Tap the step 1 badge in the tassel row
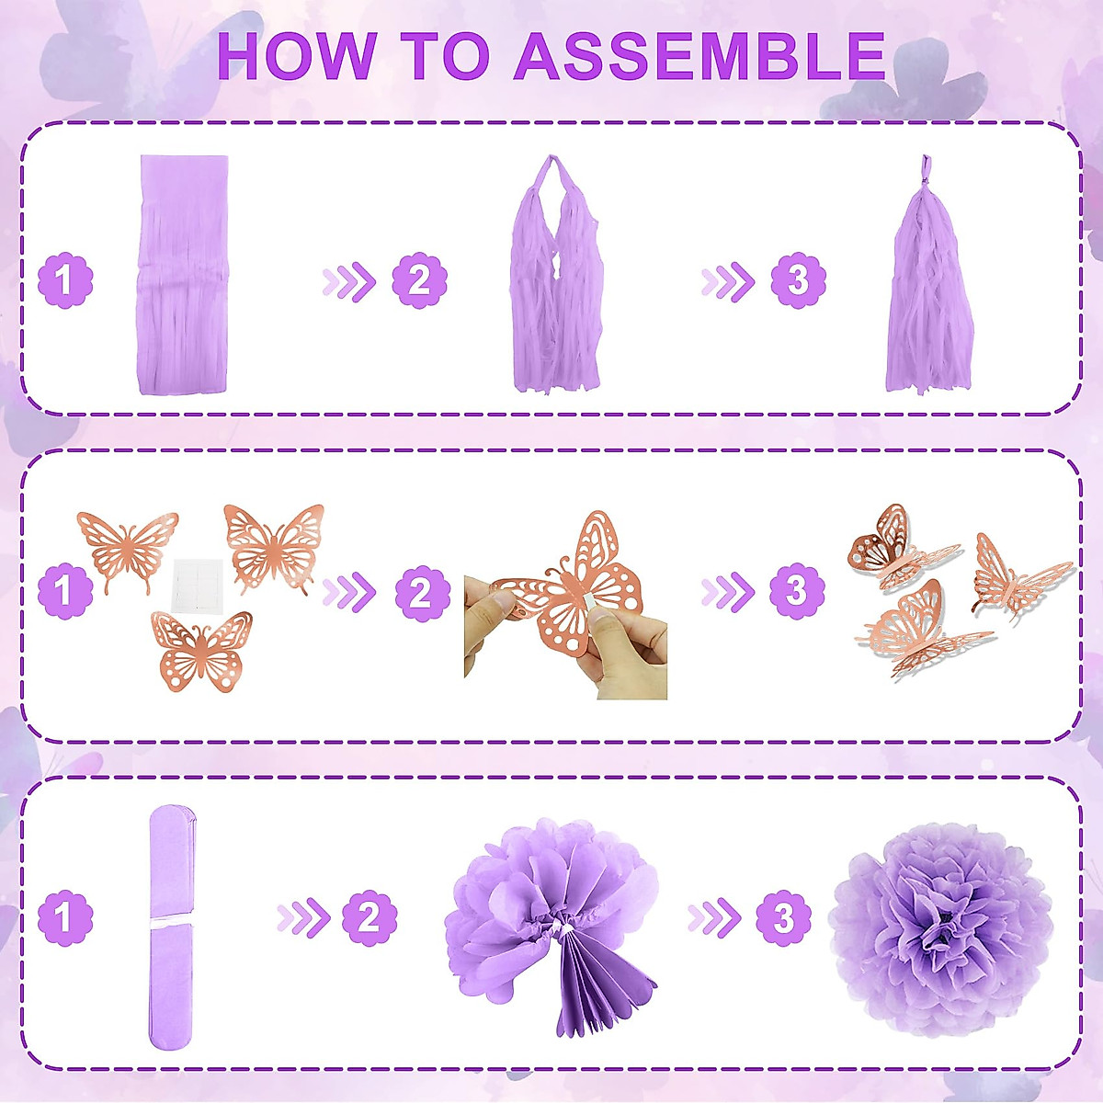[x=65, y=280]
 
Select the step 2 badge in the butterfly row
[x=422, y=594]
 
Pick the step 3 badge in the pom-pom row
[x=783, y=917]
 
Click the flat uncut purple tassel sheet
[x=184, y=276]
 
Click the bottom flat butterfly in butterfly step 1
[x=202, y=651]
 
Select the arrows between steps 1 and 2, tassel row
[x=349, y=281]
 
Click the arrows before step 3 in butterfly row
[x=727, y=594]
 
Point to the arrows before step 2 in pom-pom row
[x=303, y=917]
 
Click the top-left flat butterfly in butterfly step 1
[x=127, y=549]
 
